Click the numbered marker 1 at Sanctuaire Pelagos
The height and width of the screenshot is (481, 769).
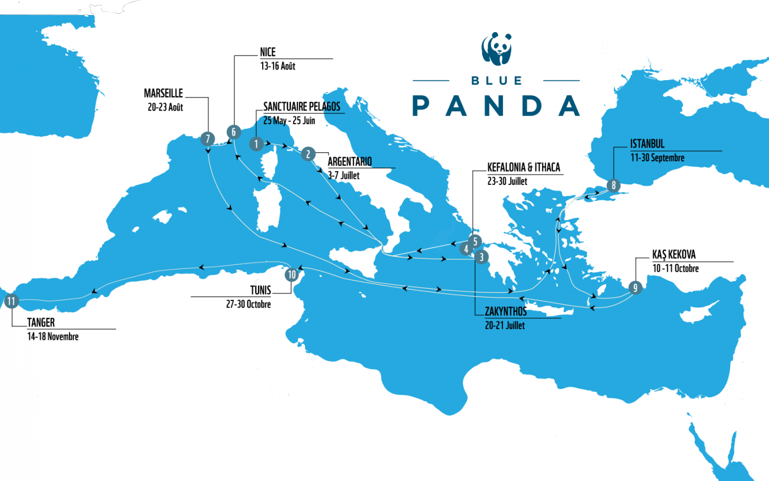256,144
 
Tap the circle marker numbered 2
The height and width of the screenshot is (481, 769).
308,154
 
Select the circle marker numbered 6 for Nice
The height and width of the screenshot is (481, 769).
233,132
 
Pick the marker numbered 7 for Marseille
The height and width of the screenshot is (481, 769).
208,139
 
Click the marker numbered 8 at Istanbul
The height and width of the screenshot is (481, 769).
614,185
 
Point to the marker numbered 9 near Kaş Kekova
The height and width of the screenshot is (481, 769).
635,288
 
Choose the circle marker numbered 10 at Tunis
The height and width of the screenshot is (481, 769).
291,275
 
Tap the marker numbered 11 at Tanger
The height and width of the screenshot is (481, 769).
11,301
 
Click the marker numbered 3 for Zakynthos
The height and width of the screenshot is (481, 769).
481,257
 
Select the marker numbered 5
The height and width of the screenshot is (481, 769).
475,242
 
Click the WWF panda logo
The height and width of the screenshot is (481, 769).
497,49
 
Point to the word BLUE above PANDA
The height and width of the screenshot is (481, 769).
497,81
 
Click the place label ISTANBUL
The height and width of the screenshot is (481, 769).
647,144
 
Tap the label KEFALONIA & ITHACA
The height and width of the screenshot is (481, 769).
523,167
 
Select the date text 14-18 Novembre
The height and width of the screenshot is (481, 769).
53,337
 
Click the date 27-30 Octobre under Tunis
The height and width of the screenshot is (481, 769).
248,304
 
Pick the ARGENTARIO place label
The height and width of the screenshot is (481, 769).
350,161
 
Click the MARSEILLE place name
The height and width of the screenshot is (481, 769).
163,94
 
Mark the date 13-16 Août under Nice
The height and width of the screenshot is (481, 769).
278,66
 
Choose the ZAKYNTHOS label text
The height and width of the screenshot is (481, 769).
505,312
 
